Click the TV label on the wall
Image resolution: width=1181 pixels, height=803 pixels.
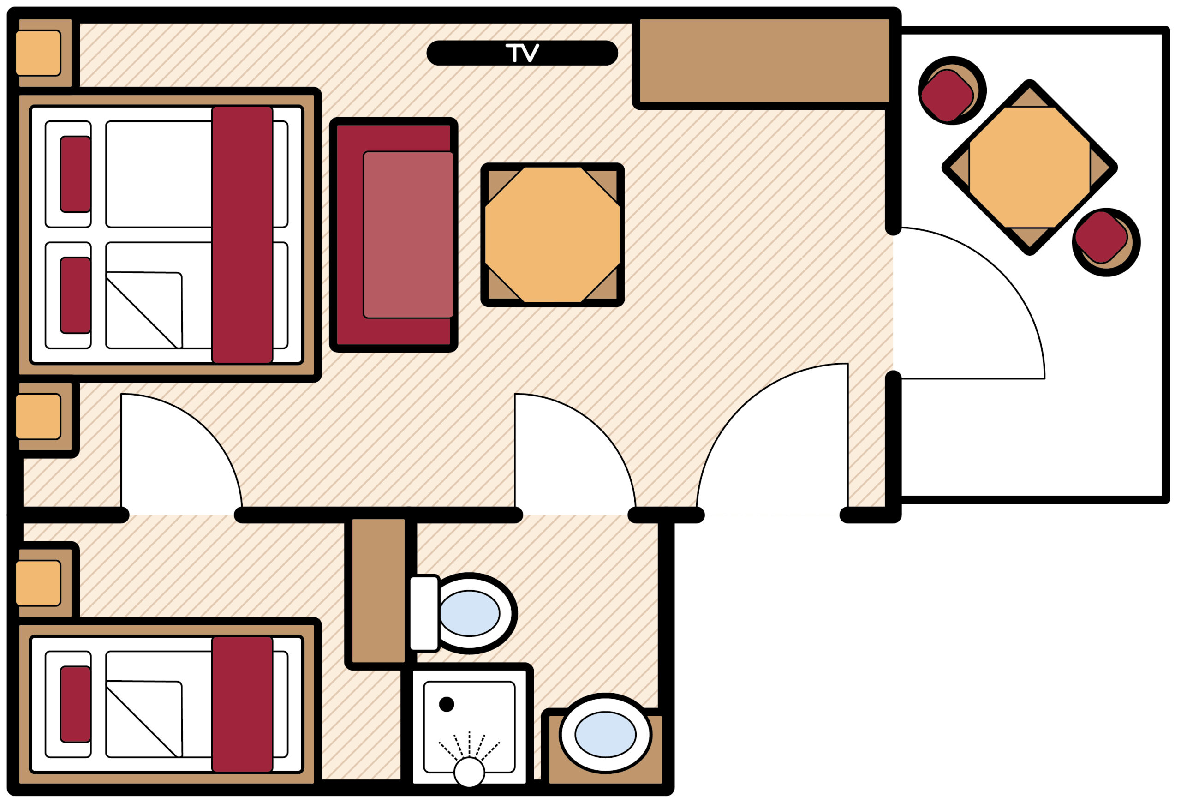point(522,53)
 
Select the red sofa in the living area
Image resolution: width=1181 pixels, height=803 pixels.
point(394,235)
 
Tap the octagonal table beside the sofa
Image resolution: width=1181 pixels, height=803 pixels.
point(552,235)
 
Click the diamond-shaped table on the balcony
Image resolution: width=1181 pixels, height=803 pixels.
point(1030,167)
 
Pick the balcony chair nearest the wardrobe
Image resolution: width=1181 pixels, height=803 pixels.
point(951,90)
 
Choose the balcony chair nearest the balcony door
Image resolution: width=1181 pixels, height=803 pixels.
point(1106,242)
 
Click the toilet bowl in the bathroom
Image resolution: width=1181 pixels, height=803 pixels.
point(469,613)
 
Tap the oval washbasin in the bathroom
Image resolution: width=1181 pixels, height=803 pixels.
point(605,734)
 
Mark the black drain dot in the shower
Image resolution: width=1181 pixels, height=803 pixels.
point(446,704)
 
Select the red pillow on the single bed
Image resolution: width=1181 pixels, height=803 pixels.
point(76,704)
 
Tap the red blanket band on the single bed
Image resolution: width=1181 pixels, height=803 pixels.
point(242,704)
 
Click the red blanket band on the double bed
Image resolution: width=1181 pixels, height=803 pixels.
point(242,235)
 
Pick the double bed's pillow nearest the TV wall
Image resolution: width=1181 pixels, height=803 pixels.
point(76,174)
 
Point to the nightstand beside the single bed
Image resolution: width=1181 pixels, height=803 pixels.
point(38,583)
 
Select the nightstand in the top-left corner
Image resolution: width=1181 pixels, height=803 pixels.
point(38,53)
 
